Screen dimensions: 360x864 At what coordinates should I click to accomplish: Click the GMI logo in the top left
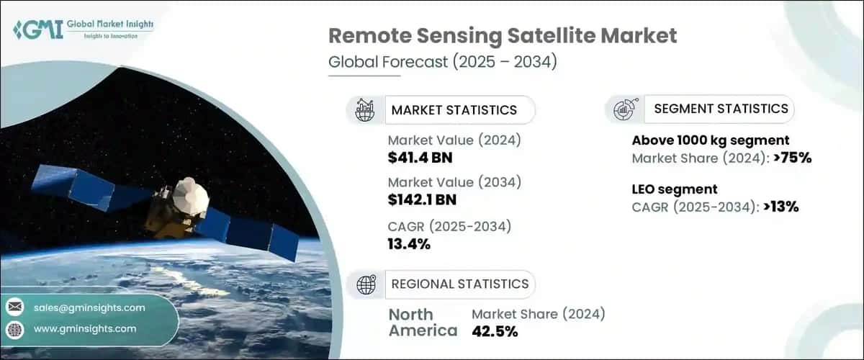[84, 29]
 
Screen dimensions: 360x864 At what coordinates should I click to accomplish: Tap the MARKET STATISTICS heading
[454, 110]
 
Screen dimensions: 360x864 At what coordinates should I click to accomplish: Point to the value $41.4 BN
[420, 158]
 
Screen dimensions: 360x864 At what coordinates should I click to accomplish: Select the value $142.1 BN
[422, 199]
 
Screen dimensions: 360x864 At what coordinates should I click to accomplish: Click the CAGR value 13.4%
[409, 244]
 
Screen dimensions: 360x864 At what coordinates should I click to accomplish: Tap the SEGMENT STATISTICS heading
[721, 109]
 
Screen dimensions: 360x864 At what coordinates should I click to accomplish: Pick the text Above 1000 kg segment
[711, 140]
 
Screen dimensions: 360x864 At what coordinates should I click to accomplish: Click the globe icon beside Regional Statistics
[366, 284]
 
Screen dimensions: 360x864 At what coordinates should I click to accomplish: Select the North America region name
[423, 323]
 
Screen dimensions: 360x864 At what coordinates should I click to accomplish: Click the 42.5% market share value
[494, 331]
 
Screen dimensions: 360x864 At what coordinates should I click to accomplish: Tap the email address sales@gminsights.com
[89, 307]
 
